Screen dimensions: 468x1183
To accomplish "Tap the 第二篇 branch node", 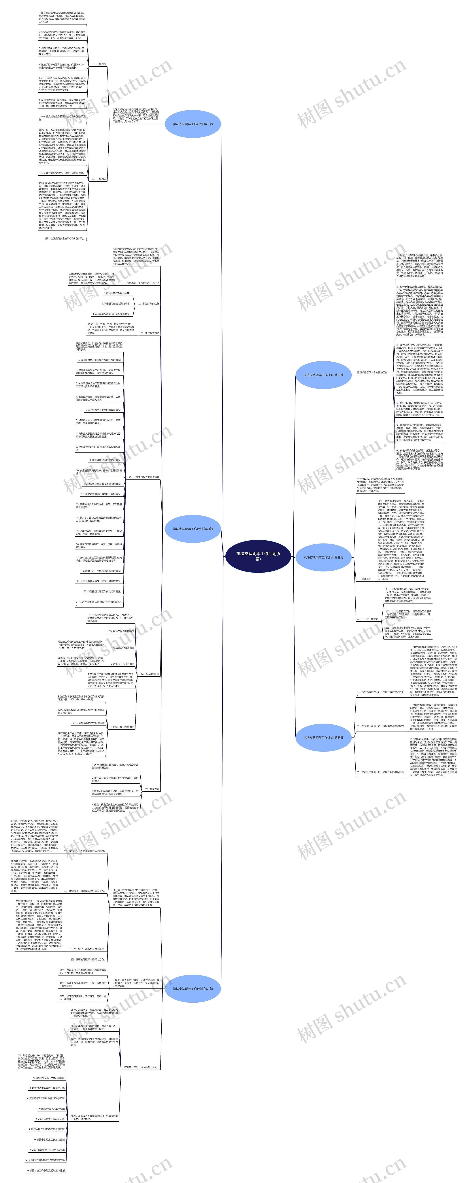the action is point(193,124).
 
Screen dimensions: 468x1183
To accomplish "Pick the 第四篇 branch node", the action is point(193,529).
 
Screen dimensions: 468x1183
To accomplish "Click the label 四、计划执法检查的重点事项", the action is point(144,477).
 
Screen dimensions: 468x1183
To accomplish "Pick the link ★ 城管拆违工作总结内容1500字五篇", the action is point(46,1098).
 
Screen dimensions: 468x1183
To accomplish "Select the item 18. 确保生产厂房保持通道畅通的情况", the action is point(101,571).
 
